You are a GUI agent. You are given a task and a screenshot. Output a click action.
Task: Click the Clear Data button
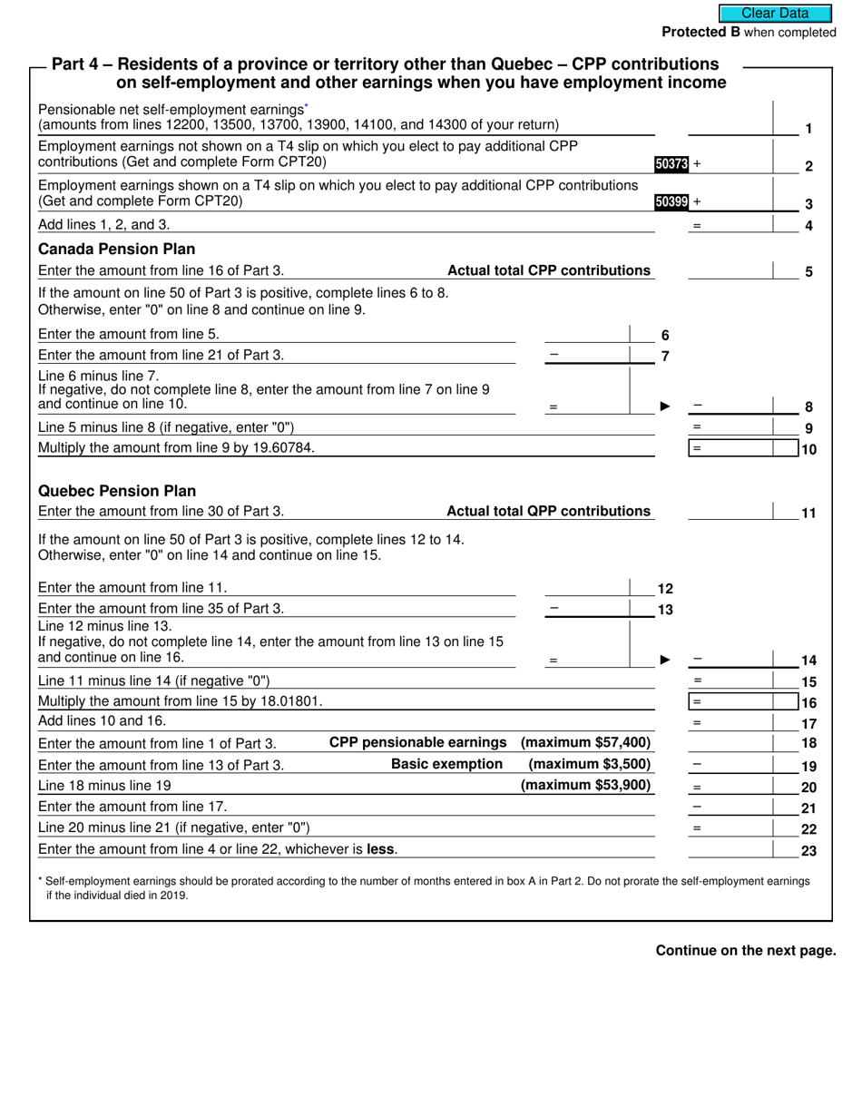775,14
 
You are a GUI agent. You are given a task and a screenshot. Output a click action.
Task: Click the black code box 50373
671,164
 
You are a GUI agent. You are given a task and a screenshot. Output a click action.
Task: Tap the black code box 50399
671,202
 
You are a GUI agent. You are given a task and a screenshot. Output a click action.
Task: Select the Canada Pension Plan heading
116,249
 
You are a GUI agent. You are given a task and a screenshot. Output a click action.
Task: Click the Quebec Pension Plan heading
116,491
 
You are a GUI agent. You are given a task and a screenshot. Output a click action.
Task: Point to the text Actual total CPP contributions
549,270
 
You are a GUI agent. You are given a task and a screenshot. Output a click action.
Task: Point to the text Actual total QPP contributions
549,511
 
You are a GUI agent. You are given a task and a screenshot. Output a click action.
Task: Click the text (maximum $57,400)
585,742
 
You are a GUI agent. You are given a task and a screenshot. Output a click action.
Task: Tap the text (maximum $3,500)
589,764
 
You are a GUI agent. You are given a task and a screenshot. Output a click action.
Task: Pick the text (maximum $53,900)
585,785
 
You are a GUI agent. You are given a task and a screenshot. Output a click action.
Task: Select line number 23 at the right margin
808,851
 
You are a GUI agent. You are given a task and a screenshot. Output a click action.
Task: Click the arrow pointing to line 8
665,406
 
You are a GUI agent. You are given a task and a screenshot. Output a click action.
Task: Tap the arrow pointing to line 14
665,660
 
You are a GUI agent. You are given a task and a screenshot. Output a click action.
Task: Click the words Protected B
700,33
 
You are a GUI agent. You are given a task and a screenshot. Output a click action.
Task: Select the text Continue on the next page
745,951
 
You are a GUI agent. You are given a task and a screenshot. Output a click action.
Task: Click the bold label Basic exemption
446,764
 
